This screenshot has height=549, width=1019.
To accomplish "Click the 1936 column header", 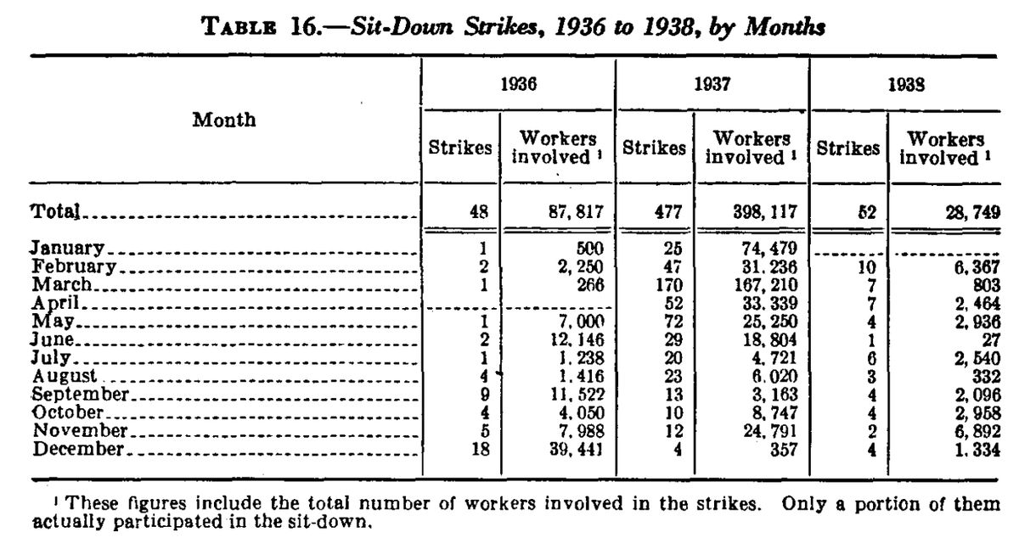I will (517, 86).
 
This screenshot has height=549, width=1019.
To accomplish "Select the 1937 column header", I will (712, 86).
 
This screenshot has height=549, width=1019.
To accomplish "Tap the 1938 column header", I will (906, 86).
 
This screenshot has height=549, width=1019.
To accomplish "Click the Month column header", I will (223, 120).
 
